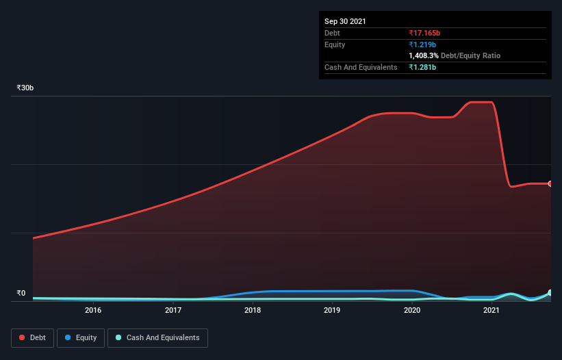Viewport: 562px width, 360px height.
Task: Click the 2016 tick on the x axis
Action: [x=93, y=310]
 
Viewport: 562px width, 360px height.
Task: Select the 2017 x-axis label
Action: [x=173, y=310]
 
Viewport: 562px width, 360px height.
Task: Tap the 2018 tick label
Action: [x=253, y=310]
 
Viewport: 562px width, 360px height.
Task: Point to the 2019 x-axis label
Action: [x=332, y=310]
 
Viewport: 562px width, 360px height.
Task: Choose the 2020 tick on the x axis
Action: [x=412, y=310]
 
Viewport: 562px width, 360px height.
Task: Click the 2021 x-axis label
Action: [x=491, y=310]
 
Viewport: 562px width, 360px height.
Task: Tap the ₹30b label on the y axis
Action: [x=25, y=88]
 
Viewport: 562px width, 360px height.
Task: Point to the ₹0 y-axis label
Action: [x=21, y=294]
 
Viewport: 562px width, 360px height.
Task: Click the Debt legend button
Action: [x=31, y=337]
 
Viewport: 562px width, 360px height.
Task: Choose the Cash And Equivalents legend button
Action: [x=157, y=337]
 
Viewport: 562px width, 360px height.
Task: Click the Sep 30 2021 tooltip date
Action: [x=345, y=21]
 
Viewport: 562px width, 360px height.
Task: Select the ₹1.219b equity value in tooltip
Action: [x=422, y=44]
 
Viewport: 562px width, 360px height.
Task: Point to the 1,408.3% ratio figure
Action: [x=424, y=55]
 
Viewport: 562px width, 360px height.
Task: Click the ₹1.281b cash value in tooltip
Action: [x=422, y=67]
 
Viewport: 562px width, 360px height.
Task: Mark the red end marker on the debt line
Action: [x=550, y=183]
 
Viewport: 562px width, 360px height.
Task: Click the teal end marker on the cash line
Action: [x=550, y=293]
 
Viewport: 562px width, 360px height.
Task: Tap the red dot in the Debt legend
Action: [x=22, y=337]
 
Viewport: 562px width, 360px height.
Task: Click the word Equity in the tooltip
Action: [x=335, y=44]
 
